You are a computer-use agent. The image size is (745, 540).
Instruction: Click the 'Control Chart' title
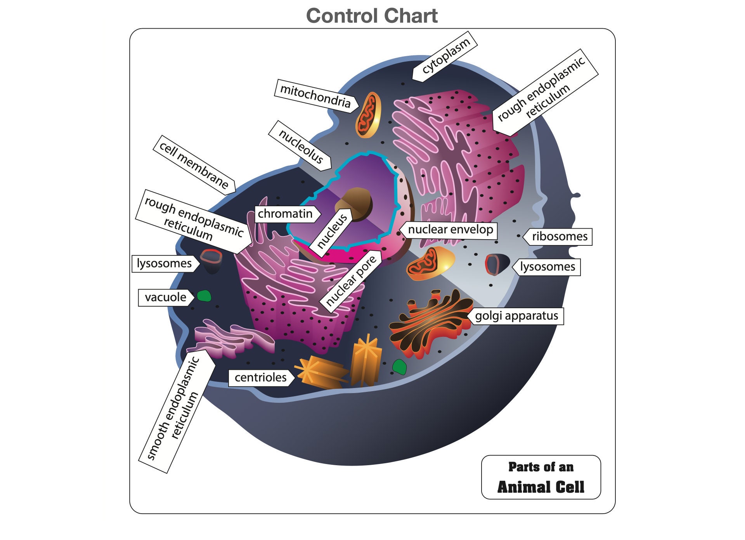click(x=372, y=16)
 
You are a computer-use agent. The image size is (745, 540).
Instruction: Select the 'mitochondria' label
click(x=315, y=96)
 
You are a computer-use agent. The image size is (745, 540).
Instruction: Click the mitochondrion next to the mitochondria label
click(x=368, y=115)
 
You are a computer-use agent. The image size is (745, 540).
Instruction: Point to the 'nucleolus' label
click(x=301, y=146)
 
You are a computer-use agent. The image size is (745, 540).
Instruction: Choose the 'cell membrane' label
click(x=194, y=165)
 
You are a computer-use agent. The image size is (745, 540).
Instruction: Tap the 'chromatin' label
click(x=286, y=214)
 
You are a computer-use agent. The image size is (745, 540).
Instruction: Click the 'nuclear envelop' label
click(x=450, y=229)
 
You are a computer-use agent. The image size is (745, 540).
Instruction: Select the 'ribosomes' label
click(x=559, y=236)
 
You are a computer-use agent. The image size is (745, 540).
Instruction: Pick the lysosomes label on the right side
click(x=547, y=267)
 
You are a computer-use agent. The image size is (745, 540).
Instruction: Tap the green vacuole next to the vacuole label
click(x=204, y=296)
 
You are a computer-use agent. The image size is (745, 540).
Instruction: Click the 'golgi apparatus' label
click(x=516, y=316)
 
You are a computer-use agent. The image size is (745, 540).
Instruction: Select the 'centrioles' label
click(x=260, y=378)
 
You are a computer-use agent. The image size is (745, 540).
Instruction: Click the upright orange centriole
click(x=366, y=362)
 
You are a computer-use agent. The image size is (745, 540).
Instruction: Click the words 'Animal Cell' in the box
click(x=541, y=487)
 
